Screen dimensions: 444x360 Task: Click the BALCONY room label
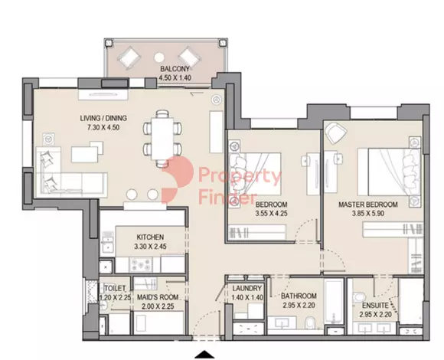pyautogui.click(x=175, y=69)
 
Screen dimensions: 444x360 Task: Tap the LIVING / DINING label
pyautogui.click(x=103, y=118)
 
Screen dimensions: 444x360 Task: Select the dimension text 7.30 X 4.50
pyautogui.click(x=103, y=127)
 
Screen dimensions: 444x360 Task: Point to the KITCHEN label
pyautogui.click(x=150, y=237)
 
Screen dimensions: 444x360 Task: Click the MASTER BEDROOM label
pyautogui.click(x=368, y=205)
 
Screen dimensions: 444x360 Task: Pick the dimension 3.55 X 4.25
pyautogui.click(x=271, y=213)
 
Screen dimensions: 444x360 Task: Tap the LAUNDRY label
pyautogui.click(x=247, y=288)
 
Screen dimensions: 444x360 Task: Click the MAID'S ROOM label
pyautogui.click(x=158, y=297)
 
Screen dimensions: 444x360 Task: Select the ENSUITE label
pyautogui.click(x=375, y=306)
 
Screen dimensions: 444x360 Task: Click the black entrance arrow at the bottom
pyautogui.click(x=204, y=355)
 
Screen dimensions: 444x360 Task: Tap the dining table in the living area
pyautogui.click(x=162, y=139)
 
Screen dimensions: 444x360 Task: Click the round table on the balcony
pyautogui.click(x=159, y=57)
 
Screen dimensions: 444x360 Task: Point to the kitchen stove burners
pyautogui.click(x=141, y=264)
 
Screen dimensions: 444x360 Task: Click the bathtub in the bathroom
pyautogui.click(x=334, y=301)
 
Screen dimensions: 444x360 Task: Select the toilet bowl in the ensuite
pyautogui.click(x=359, y=298)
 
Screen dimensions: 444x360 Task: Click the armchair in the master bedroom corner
pyautogui.click(x=336, y=133)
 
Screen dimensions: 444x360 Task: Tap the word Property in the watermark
pyautogui.click(x=240, y=176)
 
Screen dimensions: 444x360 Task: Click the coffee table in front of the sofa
pyautogui.click(x=87, y=152)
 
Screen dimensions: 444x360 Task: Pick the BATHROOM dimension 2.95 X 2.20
pyautogui.click(x=299, y=306)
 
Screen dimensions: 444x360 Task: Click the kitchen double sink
pyautogui.click(x=107, y=244)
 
